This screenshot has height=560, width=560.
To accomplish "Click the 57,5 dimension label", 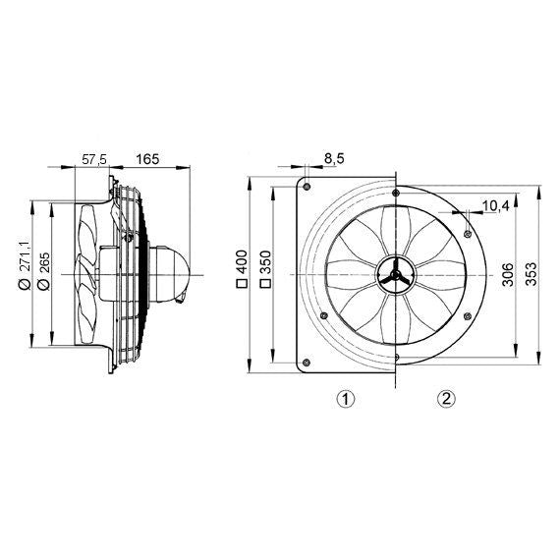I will (93, 157).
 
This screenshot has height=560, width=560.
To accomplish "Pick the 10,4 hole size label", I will (496, 205).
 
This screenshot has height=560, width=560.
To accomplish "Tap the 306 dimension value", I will (507, 274).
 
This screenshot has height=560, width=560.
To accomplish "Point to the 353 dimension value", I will (532, 274).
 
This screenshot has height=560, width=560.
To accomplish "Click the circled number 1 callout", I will (344, 398).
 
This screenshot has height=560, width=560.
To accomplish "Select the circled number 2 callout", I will (447, 398).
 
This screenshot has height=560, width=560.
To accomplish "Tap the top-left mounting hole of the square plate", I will (308, 186).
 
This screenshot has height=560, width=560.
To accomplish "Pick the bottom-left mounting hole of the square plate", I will (308, 365).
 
